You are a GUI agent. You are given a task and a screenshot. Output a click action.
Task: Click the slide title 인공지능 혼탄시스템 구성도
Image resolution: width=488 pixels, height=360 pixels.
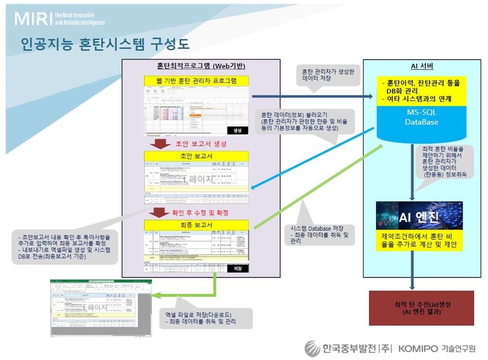(105, 45)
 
